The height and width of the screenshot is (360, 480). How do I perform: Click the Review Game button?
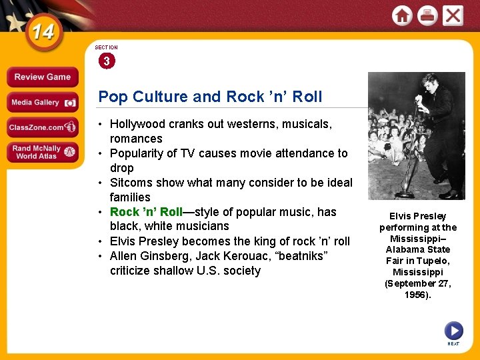(42, 77)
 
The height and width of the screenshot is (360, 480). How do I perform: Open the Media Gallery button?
(42, 103)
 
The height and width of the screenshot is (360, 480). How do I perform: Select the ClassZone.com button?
(42, 127)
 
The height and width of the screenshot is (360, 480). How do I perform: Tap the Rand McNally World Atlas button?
(42, 152)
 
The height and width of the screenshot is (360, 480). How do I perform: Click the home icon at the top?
(402, 16)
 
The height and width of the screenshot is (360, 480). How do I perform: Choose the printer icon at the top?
(427, 16)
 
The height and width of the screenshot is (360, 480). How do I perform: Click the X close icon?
(453, 16)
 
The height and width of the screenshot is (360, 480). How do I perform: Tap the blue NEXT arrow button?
(453, 330)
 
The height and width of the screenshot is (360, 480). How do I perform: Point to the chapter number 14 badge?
(41, 31)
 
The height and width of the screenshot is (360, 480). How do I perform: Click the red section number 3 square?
(106, 61)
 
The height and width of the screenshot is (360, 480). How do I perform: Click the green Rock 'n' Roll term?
(146, 212)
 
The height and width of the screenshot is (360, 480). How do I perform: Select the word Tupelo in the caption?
(432, 261)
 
